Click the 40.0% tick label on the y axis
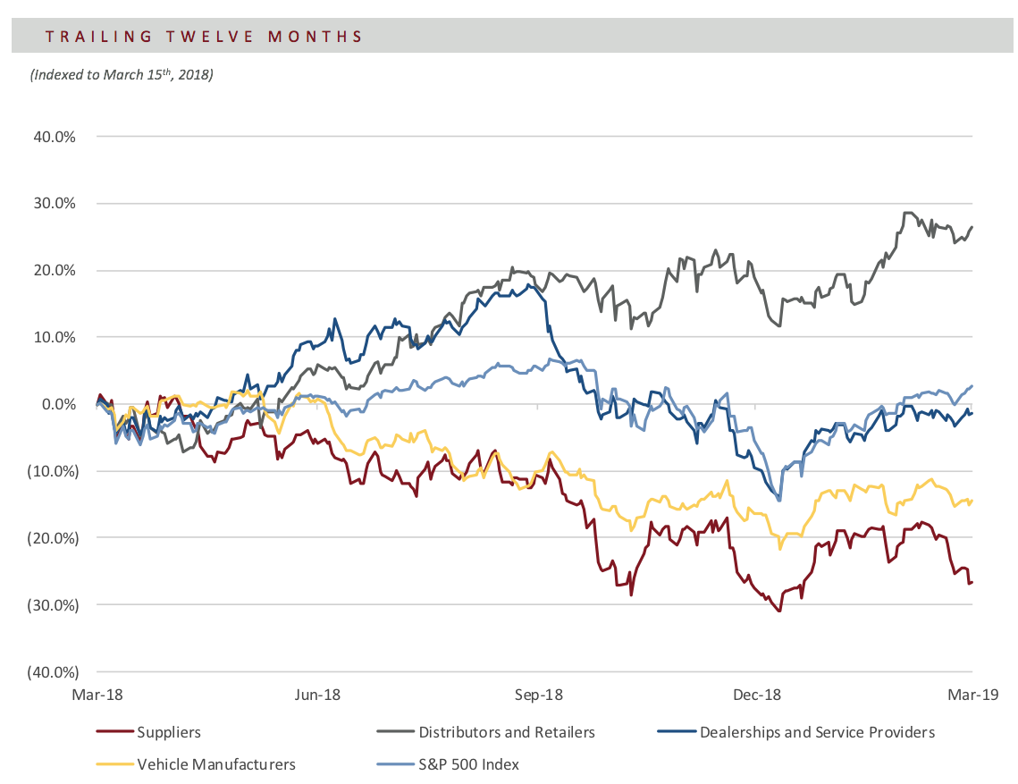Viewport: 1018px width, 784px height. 55,137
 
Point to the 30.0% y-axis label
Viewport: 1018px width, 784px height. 55,203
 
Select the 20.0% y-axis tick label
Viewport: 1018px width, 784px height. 55,270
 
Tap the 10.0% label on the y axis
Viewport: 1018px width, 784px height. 55,337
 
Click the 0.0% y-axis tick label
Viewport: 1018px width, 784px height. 58,404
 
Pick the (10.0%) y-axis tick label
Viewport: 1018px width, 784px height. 53,471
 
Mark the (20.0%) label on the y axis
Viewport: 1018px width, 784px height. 53,538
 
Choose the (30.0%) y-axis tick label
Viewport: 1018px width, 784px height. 53,604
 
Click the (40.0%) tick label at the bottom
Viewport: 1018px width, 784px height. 53,671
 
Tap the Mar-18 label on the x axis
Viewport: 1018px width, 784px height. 97,695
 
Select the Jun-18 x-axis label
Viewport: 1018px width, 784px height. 316,695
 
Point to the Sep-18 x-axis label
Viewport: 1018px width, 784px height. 538,695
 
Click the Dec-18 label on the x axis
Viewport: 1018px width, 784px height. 757,695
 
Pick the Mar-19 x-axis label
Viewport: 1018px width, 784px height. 972,695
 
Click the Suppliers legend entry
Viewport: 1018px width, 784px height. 148,732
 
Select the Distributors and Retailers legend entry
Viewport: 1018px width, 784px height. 485,732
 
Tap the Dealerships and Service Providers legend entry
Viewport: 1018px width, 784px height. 796,732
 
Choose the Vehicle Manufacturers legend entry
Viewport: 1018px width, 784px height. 196,764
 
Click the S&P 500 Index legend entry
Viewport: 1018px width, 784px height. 448,764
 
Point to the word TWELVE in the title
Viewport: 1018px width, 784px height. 209,37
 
